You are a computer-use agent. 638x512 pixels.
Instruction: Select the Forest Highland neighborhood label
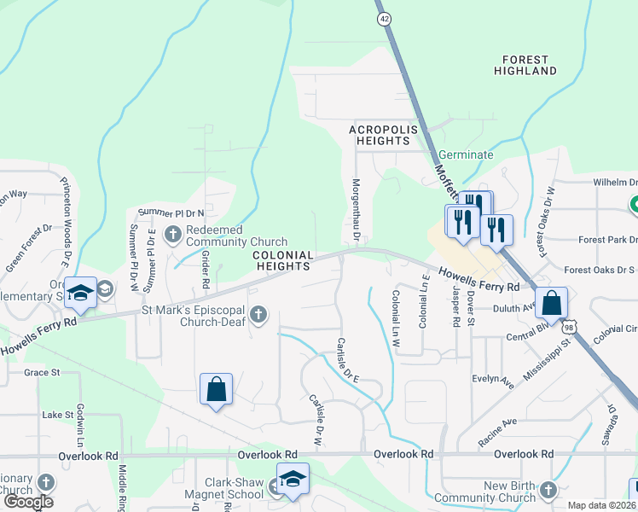pyautogui.click(x=529, y=65)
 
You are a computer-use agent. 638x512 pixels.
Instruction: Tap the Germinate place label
pyautogui.click(x=466, y=155)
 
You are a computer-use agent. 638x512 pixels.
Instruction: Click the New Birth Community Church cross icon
pyautogui.click(x=547, y=490)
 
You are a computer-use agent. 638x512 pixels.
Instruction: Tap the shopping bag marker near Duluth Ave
pyautogui.click(x=553, y=303)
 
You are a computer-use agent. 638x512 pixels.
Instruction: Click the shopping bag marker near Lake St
pyautogui.click(x=217, y=388)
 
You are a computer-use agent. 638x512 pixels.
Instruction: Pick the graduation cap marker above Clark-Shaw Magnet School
pyautogui.click(x=293, y=478)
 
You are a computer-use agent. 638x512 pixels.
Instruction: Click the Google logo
pyautogui.click(x=29, y=502)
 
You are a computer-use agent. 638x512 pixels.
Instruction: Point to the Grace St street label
pyautogui.click(x=42, y=372)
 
